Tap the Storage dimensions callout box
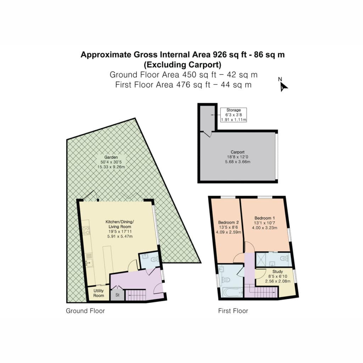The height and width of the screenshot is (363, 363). coord(233,115)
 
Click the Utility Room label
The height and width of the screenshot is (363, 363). coord(99,293)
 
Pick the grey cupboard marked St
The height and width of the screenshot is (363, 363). coord(117,295)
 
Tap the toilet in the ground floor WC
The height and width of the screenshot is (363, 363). coord(155,259)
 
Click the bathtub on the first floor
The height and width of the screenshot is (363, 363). coord(231,292)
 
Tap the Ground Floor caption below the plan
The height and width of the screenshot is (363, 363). coord(85,311)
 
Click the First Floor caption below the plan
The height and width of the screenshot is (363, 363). coord(233,311)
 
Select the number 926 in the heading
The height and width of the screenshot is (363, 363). coord(220,55)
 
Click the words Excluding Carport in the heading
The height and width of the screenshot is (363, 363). coord(183,65)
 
